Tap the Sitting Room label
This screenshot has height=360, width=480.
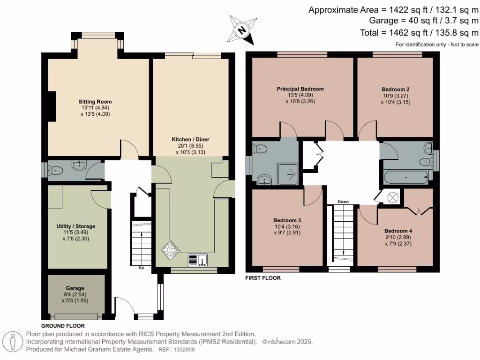tap(95, 102)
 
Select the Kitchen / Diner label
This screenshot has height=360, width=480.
tap(190, 139)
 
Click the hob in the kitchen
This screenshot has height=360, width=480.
tap(170, 251)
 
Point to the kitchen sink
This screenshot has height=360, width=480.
tap(197, 260)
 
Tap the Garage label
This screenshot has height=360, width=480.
tap(75, 288)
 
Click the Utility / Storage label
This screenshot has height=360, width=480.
tap(75, 226)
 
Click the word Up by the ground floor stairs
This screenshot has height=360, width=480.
tap(141, 268)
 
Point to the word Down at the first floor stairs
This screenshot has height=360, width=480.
tap(343, 202)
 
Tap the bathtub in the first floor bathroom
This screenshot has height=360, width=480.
tap(405, 178)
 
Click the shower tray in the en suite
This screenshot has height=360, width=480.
tap(288, 174)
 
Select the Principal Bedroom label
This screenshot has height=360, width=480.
tap(300, 89)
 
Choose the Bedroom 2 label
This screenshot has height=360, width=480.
tap(396, 90)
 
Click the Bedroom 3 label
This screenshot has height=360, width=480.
tap(287, 220)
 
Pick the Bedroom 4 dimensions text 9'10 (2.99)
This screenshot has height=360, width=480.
tap(398, 237)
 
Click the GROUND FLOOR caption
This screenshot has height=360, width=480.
tap(63, 326)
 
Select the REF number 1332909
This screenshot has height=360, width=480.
tap(184, 350)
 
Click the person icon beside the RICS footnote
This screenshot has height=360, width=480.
tap(13, 342)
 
